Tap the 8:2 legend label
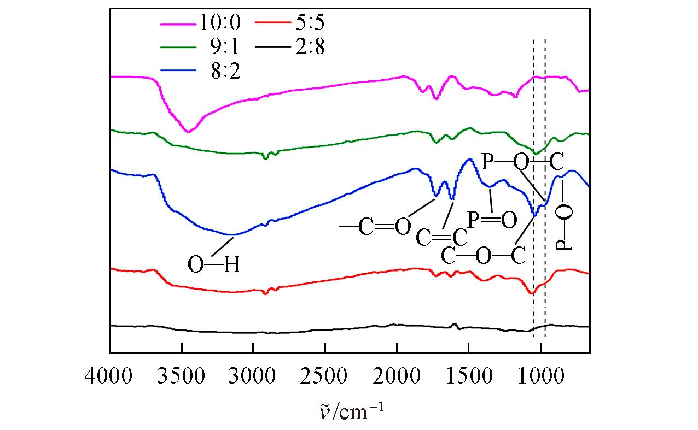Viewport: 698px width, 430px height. click(224, 71)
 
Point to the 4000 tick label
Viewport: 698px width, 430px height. click(110, 377)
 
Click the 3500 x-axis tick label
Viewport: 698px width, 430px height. click(182, 377)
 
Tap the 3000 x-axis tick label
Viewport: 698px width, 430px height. click(253, 377)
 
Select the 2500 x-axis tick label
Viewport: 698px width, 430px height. click(325, 377)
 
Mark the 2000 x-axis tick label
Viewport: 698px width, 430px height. click(397, 377)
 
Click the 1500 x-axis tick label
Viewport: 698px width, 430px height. click(468, 377)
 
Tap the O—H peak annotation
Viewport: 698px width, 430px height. click(214, 266)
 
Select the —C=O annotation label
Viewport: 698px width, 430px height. click(375, 227)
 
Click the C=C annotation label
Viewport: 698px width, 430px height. click(442, 237)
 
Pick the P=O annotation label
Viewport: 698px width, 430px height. click(492, 221)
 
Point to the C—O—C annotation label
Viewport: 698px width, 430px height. click(484, 255)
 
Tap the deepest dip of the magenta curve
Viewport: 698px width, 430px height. click(188, 132)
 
